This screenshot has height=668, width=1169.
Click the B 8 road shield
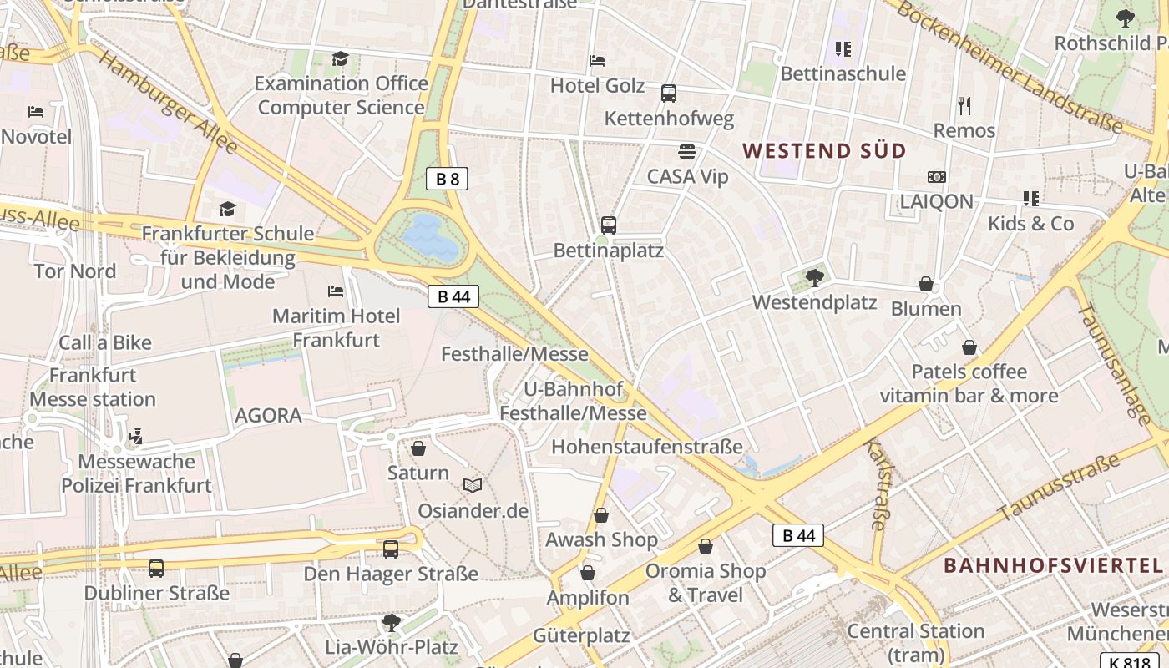[x=447, y=178]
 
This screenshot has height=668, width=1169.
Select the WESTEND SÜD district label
[x=824, y=151]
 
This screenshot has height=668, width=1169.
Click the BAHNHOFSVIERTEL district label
[x=1053, y=565]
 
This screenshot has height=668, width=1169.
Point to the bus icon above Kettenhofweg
[x=668, y=94]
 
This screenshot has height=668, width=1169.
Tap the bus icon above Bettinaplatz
[x=609, y=225]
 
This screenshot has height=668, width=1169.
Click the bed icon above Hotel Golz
[x=597, y=60]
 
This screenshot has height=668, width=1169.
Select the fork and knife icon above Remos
[x=964, y=106]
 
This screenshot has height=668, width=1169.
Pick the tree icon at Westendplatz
[x=815, y=277]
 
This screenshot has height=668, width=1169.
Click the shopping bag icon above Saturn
[x=418, y=448]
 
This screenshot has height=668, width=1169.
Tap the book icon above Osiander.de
[x=473, y=485]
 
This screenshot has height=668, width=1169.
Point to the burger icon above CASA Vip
[x=687, y=152]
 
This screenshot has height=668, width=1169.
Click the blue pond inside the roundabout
[x=431, y=236]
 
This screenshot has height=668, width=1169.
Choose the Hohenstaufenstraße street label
[x=646, y=447]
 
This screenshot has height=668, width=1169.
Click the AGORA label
[x=268, y=415]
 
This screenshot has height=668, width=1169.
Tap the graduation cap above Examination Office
[x=340, y=58]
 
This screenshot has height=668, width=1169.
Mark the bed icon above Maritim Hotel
[x=336, y=291]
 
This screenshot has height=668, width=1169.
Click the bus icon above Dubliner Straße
[x=156, y=569]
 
